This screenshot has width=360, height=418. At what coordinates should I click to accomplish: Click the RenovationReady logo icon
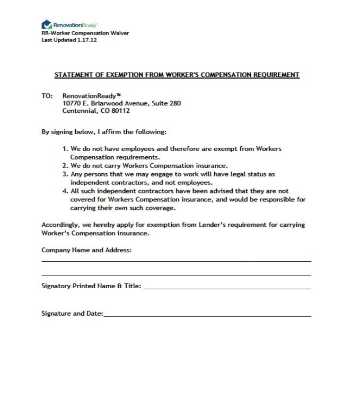coord(46,24)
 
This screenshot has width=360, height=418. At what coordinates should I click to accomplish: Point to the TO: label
coord(47,96)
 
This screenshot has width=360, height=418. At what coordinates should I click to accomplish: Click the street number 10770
coord(71,103)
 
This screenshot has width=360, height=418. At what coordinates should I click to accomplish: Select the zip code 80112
coord(120,111)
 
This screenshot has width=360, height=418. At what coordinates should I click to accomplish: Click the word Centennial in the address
coord(78,111)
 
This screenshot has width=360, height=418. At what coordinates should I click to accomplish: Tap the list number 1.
coord(65,149)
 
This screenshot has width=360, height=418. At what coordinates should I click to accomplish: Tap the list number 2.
coord(65,166)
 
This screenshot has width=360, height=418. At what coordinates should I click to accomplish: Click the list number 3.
coord(65,174)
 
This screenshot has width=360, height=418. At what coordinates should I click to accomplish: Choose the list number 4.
coord(65,191)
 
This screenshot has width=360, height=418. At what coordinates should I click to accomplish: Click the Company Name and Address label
coord(86,250)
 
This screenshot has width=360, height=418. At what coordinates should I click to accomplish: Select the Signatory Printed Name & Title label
coord(91,286)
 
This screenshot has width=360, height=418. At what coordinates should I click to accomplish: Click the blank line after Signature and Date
coord(207,315)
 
